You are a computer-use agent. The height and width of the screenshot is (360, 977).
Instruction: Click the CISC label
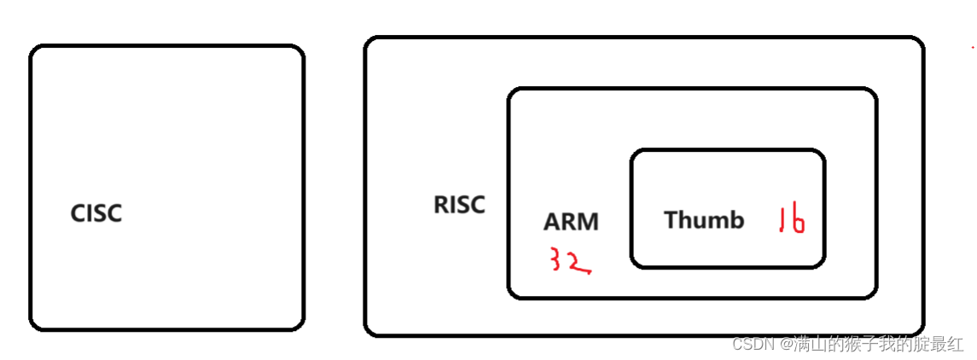pyautogui.click(x=96, y=213)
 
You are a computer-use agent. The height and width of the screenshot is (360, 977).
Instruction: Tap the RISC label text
pyautogui.click(x=459, y=206)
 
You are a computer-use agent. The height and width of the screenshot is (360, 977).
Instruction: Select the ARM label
pyautogui.click(x=571, y=222)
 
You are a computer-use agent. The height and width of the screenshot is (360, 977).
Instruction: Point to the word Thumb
pyautogui.click(x=704, y=220)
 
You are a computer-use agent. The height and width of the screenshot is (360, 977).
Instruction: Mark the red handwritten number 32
pyautogui.click(x=568, y=262)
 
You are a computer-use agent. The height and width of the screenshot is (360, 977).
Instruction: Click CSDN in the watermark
pyautogui.click(x=752, y=345)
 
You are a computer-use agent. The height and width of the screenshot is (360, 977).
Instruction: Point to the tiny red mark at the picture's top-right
pyautogui.click(x=973, y=50)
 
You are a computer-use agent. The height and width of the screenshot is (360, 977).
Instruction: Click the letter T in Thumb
pyautogui.click(x=671, y=220)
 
